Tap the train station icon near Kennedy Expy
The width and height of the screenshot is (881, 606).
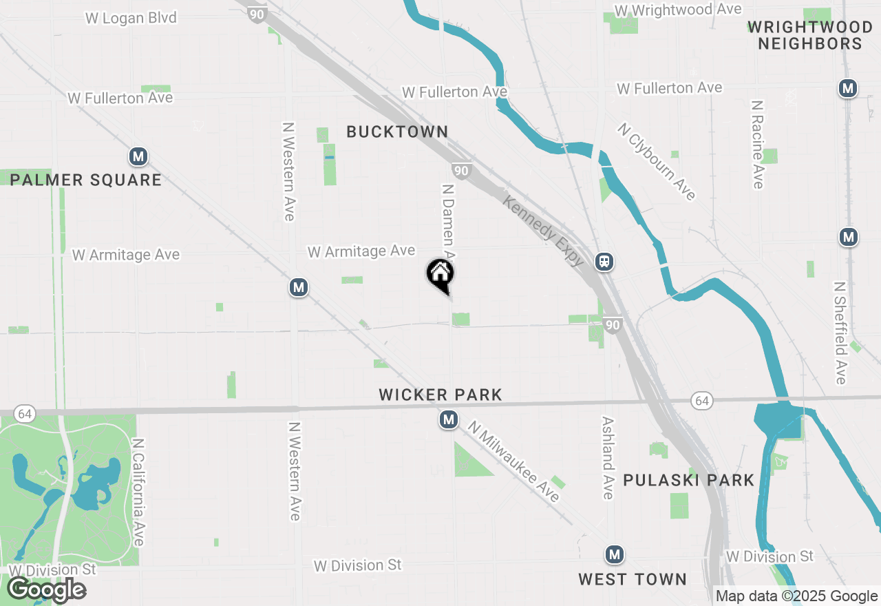pos(604,262)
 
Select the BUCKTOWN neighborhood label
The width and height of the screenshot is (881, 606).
pos(397,132)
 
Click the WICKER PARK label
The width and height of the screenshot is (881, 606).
pos(440,395)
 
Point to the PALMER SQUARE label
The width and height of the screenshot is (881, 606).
pos(86,180)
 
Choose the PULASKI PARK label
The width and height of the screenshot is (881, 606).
pos(688,480)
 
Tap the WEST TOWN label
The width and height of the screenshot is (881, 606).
pos(632,579)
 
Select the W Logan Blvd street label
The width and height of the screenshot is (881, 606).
pos(131,18)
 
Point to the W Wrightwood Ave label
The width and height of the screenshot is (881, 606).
pos(678,10)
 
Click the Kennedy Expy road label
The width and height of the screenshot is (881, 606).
pos(544,231)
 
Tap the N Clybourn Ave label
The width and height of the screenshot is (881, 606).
pos(656,162)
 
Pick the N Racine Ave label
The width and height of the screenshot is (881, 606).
pos(758,145)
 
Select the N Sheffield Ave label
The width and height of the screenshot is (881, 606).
pos(840,332)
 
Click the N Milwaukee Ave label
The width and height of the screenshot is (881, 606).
pos(513,461)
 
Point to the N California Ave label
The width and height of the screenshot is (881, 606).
pos(138,492)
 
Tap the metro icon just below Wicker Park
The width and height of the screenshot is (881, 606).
pos(449,419)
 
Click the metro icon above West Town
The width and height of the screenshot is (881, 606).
pos(614,554)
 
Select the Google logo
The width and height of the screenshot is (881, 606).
pos(46,589)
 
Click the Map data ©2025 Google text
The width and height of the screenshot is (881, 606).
pos(796,596)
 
